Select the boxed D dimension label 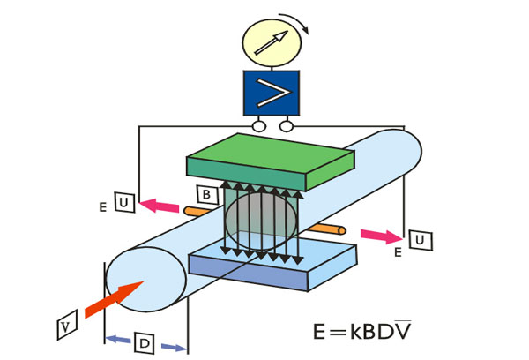(145, 341)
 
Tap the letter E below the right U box (399, 253)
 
